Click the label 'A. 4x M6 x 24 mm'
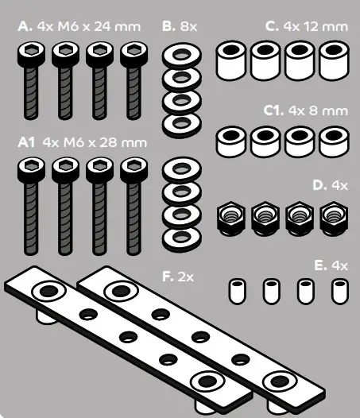point(79,26)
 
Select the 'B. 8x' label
point(179,26)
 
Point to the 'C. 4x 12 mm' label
point(307,26)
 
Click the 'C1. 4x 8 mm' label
point(306,109)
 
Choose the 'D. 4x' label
point(330,185)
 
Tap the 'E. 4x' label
point(331,264)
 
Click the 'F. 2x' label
point(178,277)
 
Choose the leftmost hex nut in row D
point(230,217)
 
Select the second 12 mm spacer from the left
point(266,61)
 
